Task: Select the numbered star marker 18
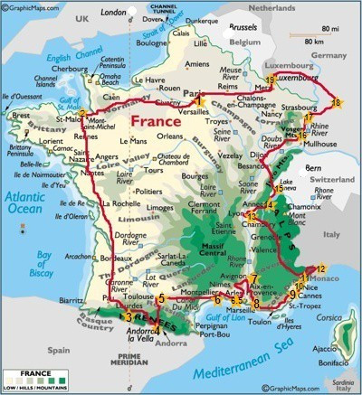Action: pyautogui.click(x=337, y=103)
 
